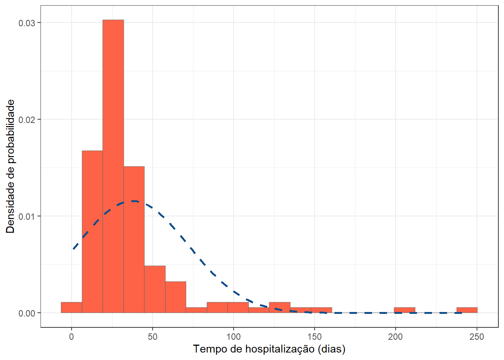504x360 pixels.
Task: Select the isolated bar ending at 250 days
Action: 467,310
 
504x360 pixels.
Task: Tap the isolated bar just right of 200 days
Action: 405,310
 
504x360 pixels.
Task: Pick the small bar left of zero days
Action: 72,307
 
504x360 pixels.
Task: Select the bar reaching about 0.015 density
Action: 134,240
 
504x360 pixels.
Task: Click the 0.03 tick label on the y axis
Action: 27,23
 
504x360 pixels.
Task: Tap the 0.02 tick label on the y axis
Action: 27,120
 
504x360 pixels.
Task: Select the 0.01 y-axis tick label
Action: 27,216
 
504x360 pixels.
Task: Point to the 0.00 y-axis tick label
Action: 27,313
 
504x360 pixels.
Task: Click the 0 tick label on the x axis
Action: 72,336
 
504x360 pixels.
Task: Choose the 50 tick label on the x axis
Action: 153,336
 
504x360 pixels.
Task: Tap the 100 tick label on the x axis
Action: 234,336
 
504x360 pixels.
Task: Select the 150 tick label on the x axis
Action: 315,336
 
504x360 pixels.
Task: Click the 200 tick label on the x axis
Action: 395,336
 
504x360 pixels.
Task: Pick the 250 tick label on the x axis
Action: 476,336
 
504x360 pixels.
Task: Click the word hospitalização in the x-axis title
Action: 280,349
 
